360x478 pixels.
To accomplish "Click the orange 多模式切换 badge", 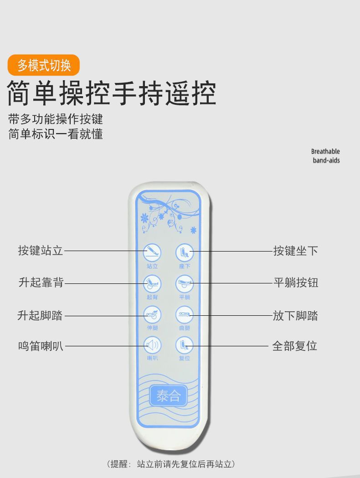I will (44, 65).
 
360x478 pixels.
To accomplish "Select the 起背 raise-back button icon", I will (152, 283).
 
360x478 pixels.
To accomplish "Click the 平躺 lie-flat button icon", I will (185, 283).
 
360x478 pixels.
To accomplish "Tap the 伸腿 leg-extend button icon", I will (152, 314).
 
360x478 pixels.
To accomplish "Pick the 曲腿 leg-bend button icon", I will (185, 314).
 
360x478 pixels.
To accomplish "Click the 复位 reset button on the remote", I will (185, 345).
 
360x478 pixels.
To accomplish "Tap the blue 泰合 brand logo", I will (168, 396).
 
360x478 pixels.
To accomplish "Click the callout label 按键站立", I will (41, 251).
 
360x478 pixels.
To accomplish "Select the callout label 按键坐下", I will (295, 251).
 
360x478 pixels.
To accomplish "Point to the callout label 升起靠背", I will (41, 283).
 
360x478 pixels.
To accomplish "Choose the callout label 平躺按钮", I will (295, 283).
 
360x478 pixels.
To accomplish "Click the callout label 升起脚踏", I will (40, 315).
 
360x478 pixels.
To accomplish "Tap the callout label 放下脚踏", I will (295, 315).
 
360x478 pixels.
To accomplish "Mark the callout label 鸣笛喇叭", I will (41, 346).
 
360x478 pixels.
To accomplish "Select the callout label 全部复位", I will (294, 346).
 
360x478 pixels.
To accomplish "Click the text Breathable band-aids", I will (325, 156).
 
